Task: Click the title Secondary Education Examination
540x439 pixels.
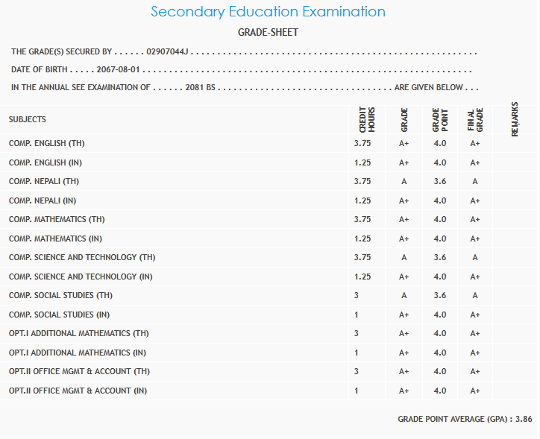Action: (268, 12)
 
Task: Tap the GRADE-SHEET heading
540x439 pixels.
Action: (268, 33)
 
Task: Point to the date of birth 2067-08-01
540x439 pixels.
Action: (118, 69)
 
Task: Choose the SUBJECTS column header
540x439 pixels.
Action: (28, 119)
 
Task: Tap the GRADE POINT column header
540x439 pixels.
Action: (439, 120)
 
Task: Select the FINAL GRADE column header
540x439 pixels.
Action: (474, 120)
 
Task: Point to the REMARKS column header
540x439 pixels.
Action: (515, 119)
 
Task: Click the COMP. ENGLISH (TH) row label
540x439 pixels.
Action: (53, 143)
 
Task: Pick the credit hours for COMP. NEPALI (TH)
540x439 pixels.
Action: (362, 181)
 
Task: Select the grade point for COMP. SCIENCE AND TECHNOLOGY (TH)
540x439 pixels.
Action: (439, 257)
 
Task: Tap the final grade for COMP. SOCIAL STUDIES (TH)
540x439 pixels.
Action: (474, 295)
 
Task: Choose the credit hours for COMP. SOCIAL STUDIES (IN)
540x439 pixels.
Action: (357, 315)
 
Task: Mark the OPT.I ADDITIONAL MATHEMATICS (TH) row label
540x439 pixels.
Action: (79, 333)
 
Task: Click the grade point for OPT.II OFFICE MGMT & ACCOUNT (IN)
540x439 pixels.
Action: (439, 391)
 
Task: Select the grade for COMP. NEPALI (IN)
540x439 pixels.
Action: (404, 200)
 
